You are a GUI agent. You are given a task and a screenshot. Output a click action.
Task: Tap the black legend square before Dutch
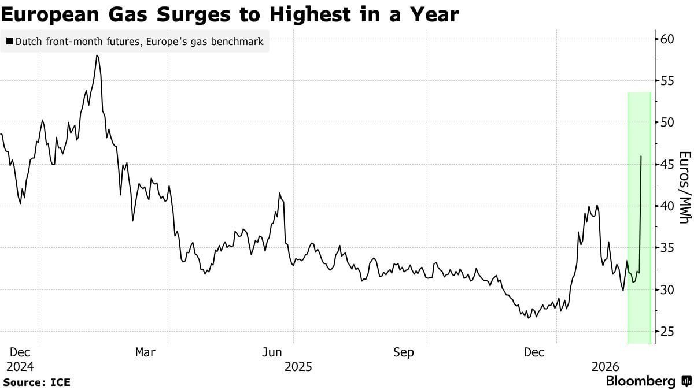coord(9,42)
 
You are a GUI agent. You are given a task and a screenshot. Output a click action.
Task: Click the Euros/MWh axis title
coord(685,185)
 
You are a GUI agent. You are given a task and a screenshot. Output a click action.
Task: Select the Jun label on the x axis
coord(272,352)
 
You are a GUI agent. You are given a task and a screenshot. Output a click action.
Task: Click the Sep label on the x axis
coord(403,352)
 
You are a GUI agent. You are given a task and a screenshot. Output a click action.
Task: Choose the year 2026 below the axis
coord(606,366)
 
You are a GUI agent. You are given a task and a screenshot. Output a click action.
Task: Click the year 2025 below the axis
coord(299,366)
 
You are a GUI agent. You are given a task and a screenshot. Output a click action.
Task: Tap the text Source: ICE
coord(36,382)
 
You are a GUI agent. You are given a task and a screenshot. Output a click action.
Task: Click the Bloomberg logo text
coord(640,381)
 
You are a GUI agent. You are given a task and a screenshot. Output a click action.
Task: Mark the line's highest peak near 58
coord(97,55)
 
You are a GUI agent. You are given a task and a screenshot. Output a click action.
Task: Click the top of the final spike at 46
coord(641,156)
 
